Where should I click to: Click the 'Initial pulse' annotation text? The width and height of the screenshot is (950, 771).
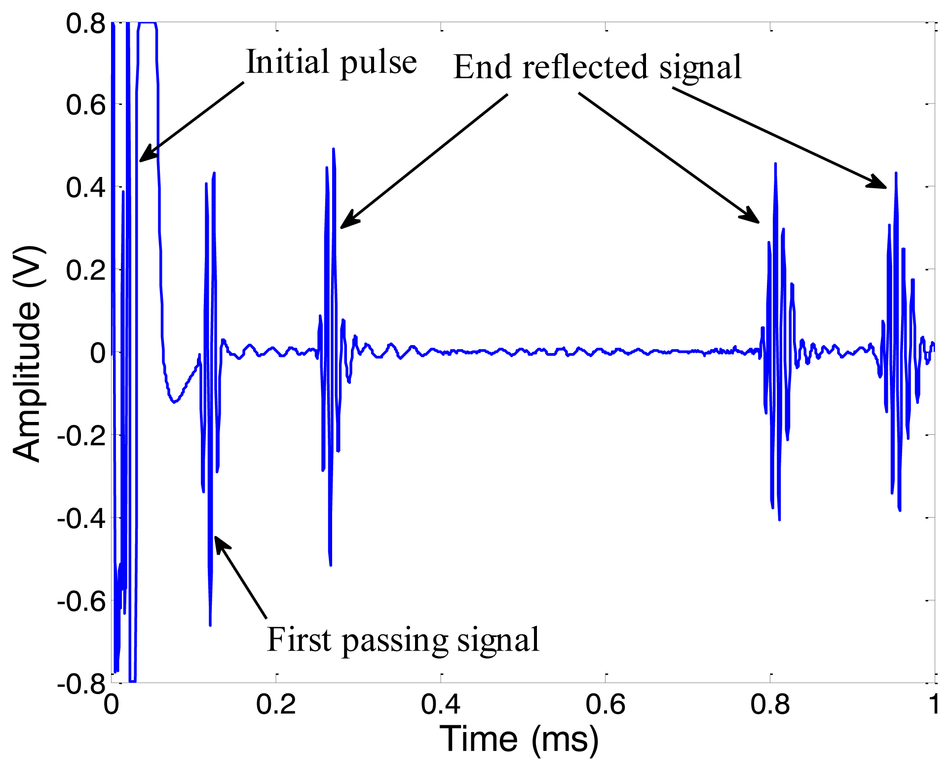(331, 63)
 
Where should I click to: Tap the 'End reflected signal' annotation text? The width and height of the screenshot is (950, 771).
(597, 67)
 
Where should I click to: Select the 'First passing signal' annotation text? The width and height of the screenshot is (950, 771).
(403, 640)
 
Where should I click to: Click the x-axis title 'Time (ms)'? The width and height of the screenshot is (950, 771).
(519, 739)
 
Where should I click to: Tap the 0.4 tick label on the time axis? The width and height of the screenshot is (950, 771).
(440, 705)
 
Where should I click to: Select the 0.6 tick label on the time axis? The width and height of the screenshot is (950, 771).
(605, 705)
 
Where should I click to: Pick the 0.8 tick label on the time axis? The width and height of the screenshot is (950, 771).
(770, 705)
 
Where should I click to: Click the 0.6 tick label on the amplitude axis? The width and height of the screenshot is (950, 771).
(86, 105)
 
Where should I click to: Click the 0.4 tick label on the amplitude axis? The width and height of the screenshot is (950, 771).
(86, 188)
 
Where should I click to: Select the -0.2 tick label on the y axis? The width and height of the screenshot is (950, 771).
(81, 436)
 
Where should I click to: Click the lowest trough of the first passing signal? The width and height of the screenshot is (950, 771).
(210, 625)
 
